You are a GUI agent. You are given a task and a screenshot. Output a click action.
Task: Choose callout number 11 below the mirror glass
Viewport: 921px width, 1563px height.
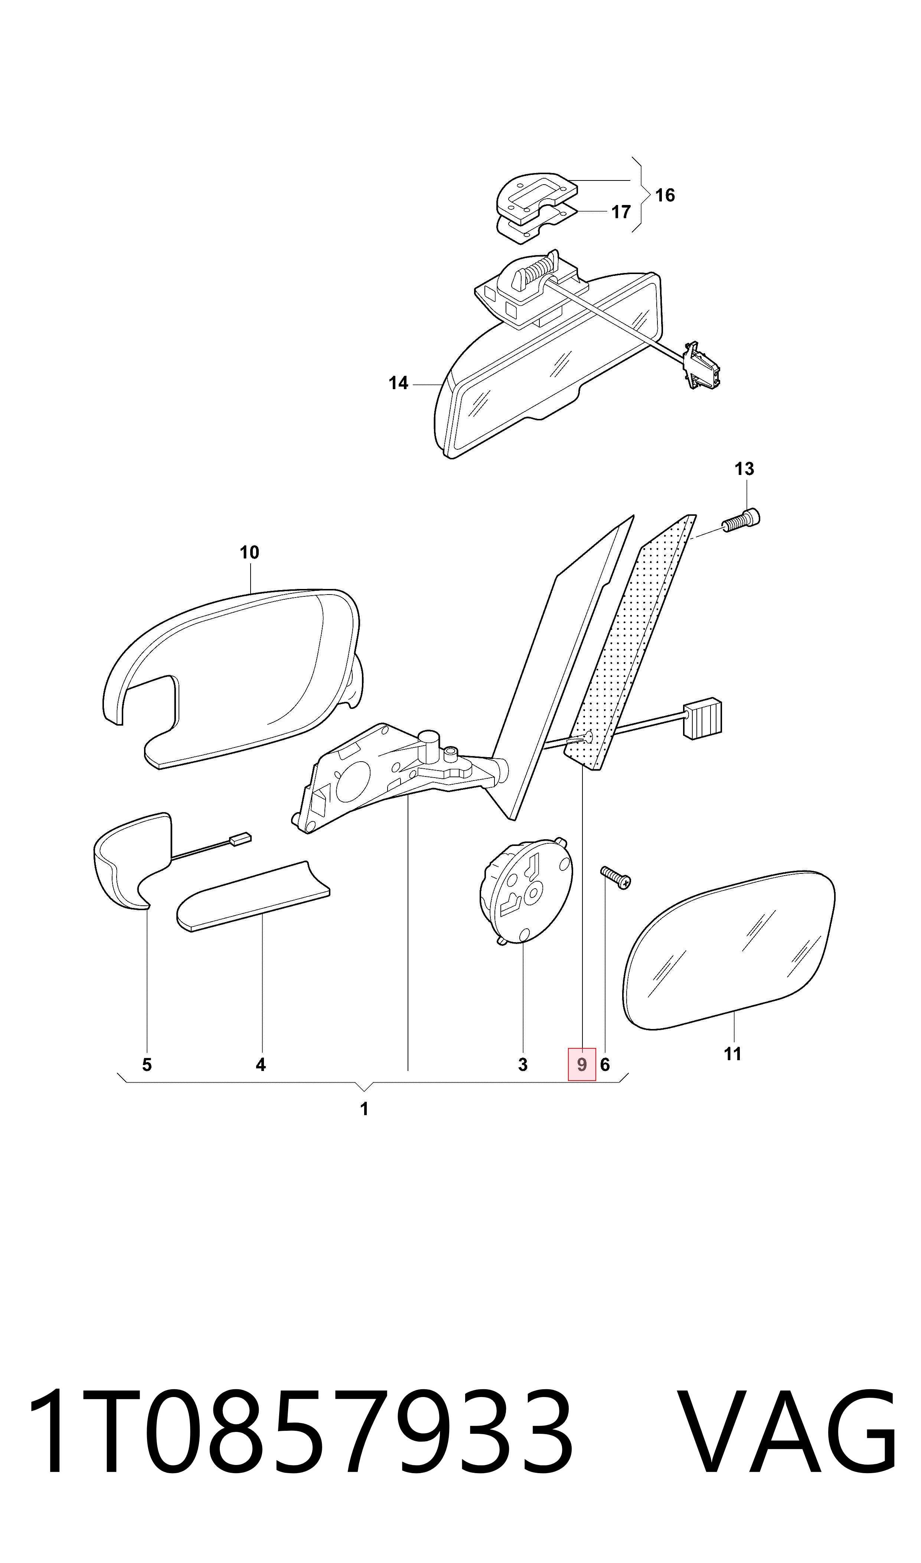[x=732, y=1054]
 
